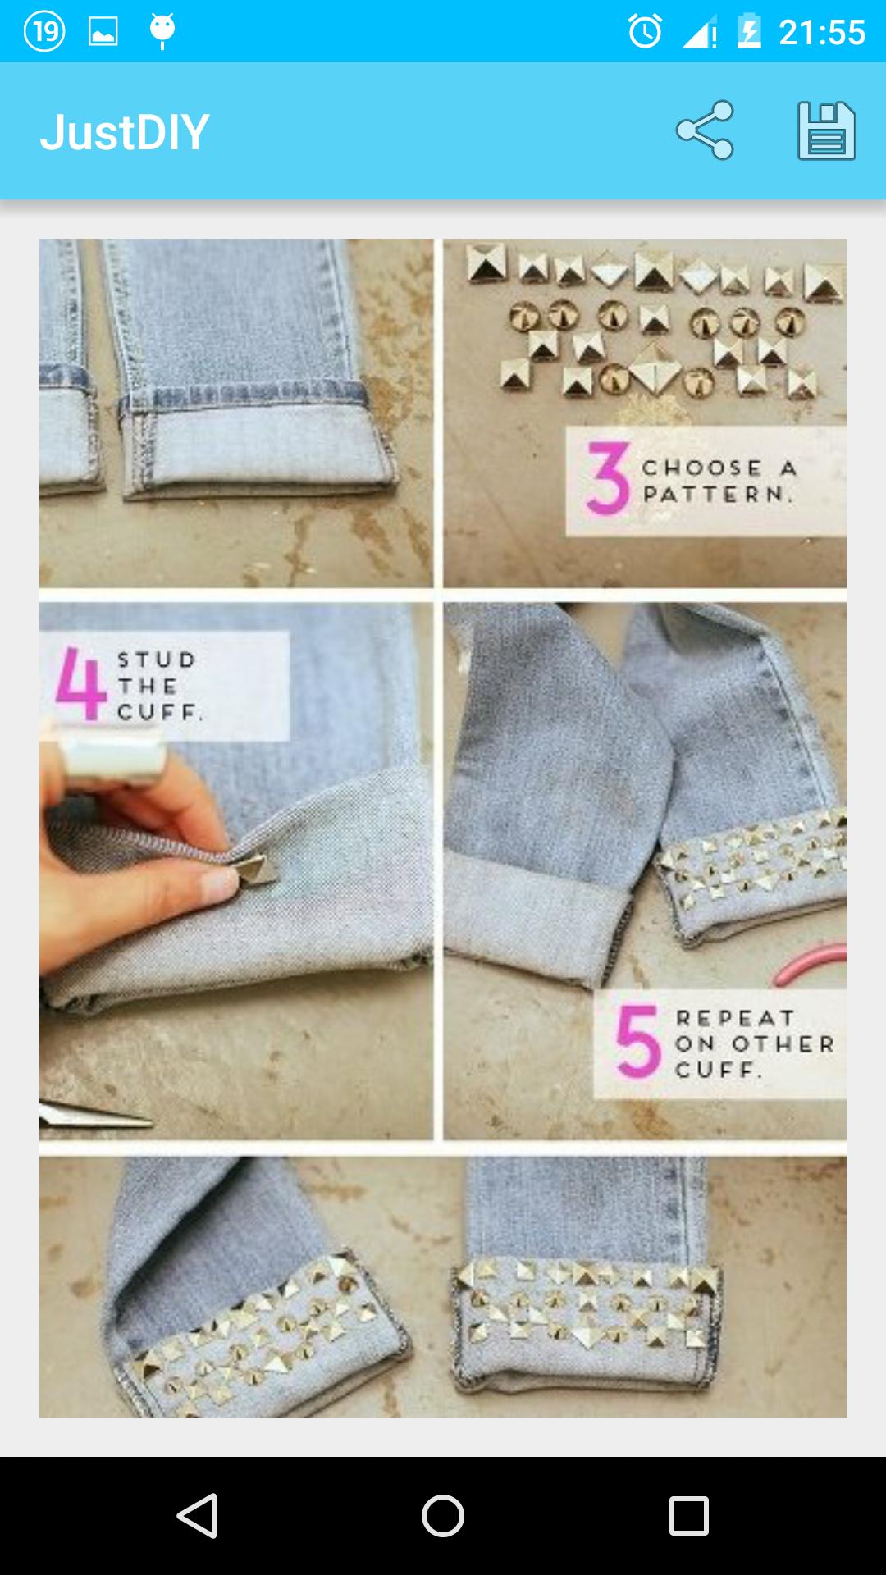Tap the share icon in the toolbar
(705, 130)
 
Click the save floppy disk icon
(826, 130)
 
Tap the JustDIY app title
(125, 132)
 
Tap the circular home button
(443, 1515)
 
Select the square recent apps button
(688, 1515)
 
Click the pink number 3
(608, 479)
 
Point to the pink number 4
(80, 684)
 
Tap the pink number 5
(638, 1041)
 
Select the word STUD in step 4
(156, 660)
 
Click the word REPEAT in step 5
(735, 1018)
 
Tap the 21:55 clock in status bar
(821, 32)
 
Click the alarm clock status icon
(645, 32)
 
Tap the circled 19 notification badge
(44, 31)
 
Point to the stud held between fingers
(258, 870)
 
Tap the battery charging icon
(749, 32)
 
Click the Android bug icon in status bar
(162, 30)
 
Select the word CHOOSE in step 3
(702, 468)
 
